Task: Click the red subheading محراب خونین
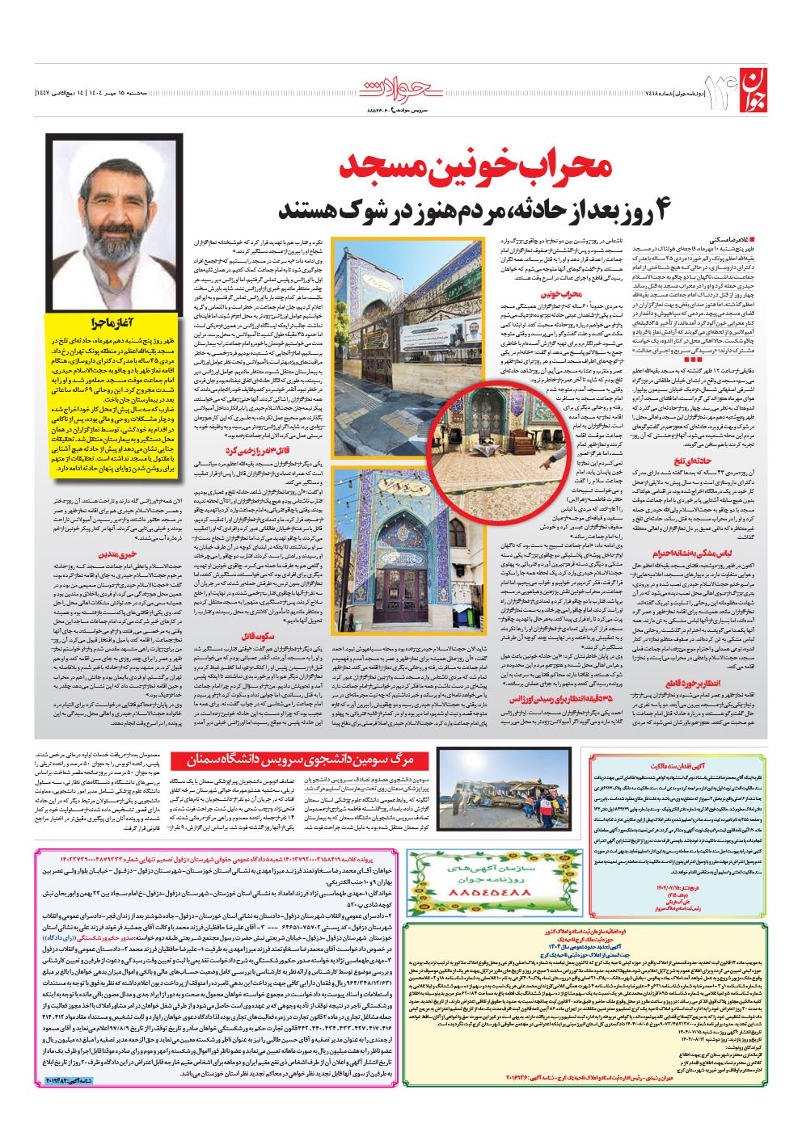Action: (x=560, y=295)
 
